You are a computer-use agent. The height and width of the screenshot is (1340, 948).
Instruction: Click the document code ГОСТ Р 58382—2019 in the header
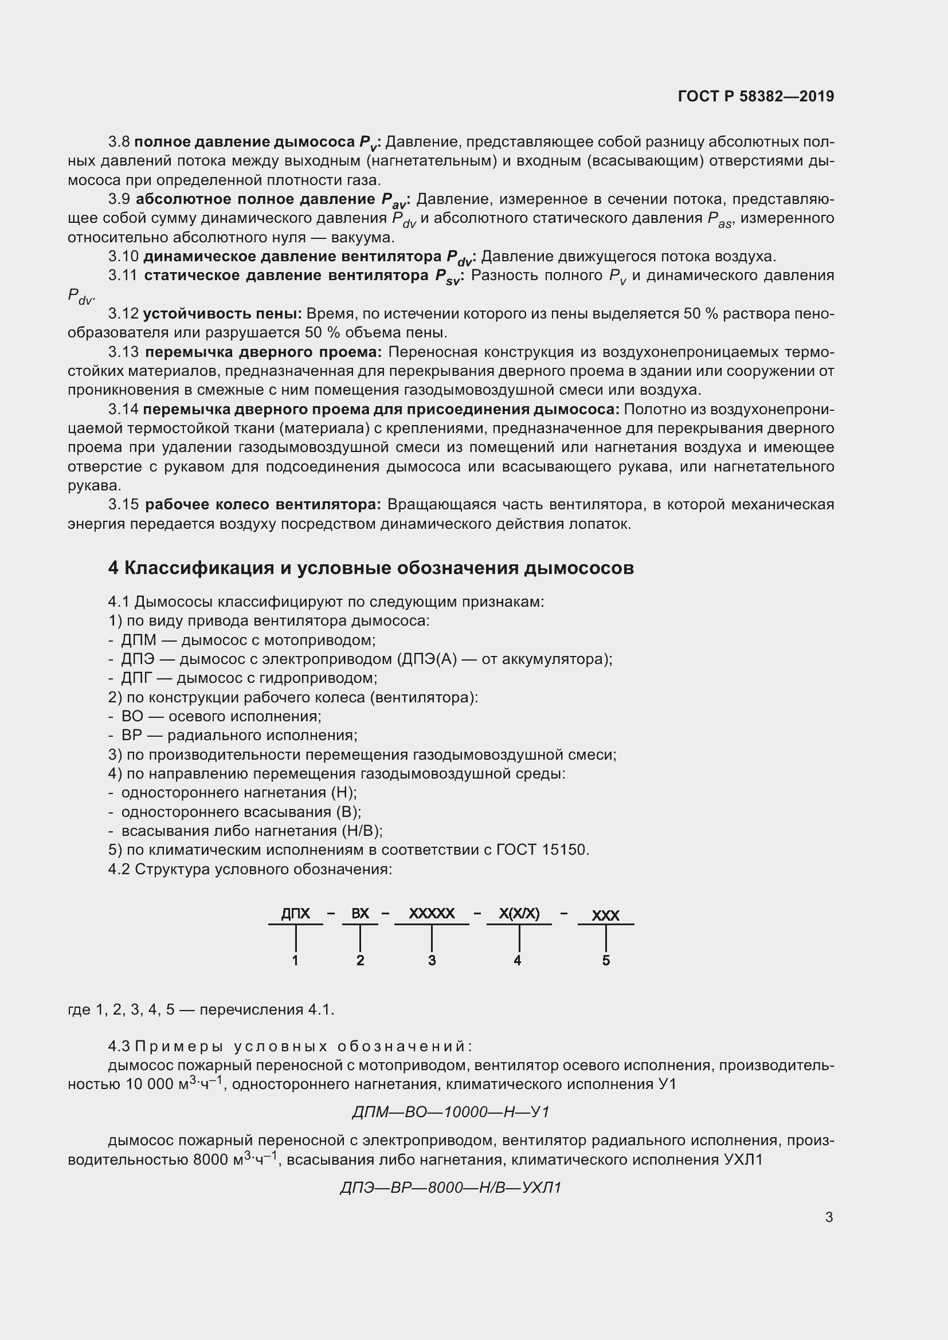pyautogui.click(x=756, y=96)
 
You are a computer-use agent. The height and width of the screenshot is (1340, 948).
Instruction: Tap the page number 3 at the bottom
pyautogui.click(x=829, y=1217)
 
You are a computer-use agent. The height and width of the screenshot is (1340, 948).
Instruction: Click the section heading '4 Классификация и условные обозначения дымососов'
pyautogui.click(x=371, y=568)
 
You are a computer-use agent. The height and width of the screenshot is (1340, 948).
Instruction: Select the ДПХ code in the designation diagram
pyautogui.click(x=295, y=913)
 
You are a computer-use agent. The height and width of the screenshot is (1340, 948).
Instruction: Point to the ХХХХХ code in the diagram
pyautogui.click(x=432, y=913)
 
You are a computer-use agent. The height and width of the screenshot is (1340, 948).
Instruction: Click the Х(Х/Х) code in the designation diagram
pyautogui.click(x=519, y=913)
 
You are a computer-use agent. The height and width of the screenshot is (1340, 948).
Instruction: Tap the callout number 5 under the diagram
pyautogui.click(x=606, y=961)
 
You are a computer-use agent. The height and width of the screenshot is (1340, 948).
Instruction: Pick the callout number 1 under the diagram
pyautogui.click(x=295, y=961)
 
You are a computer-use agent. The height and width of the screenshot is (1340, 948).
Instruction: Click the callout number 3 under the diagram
pyautogui.click(x=432, y=961)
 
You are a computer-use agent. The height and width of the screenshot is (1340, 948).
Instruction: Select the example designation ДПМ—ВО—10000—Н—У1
pyautogui.click(x=451, y=1113)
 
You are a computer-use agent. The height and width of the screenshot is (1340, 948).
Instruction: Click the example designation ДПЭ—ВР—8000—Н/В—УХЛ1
pyautogui.click(x=451, y=1188)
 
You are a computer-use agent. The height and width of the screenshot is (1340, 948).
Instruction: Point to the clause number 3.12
pyautogui.click(x=123, y=314)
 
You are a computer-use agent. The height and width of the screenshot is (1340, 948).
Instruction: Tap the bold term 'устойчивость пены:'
pyautogui.click(x=222, y=314)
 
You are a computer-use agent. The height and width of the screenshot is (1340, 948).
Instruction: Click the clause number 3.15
pyautogui.click(x=123, y=504)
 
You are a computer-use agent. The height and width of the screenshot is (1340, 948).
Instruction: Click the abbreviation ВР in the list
pyautogui.click(x=132, y=736)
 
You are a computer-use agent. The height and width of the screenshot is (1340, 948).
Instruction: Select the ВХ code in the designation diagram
pyautogui.click(x=360, y=913)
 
